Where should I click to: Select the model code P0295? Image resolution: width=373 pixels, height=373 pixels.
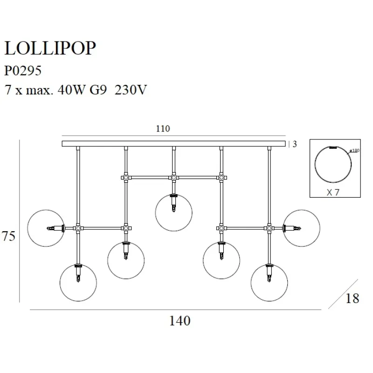coord(23,70)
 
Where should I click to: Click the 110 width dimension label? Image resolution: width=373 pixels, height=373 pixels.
coord(163,129)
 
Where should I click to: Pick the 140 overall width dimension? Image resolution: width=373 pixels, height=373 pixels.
coord(180,321)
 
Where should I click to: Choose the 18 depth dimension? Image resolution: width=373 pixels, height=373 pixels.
coord(353,298)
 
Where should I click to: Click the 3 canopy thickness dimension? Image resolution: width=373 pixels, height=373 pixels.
coord(295,144)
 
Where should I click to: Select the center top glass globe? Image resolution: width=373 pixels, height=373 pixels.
coord(173,213)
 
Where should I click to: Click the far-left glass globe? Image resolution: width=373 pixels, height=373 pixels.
coord(46,228)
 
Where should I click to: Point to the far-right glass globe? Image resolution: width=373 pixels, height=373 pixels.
coord(302,228)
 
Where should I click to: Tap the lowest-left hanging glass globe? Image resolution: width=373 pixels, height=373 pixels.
coord(78,283)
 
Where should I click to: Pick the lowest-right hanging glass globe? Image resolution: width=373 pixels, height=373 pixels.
coord(269,283)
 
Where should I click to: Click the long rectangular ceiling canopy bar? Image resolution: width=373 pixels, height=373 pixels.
coord(173,144)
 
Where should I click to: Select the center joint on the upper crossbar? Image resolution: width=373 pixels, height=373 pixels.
coord(173,178)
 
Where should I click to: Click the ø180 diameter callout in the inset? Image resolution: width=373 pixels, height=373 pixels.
coord(355,151)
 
